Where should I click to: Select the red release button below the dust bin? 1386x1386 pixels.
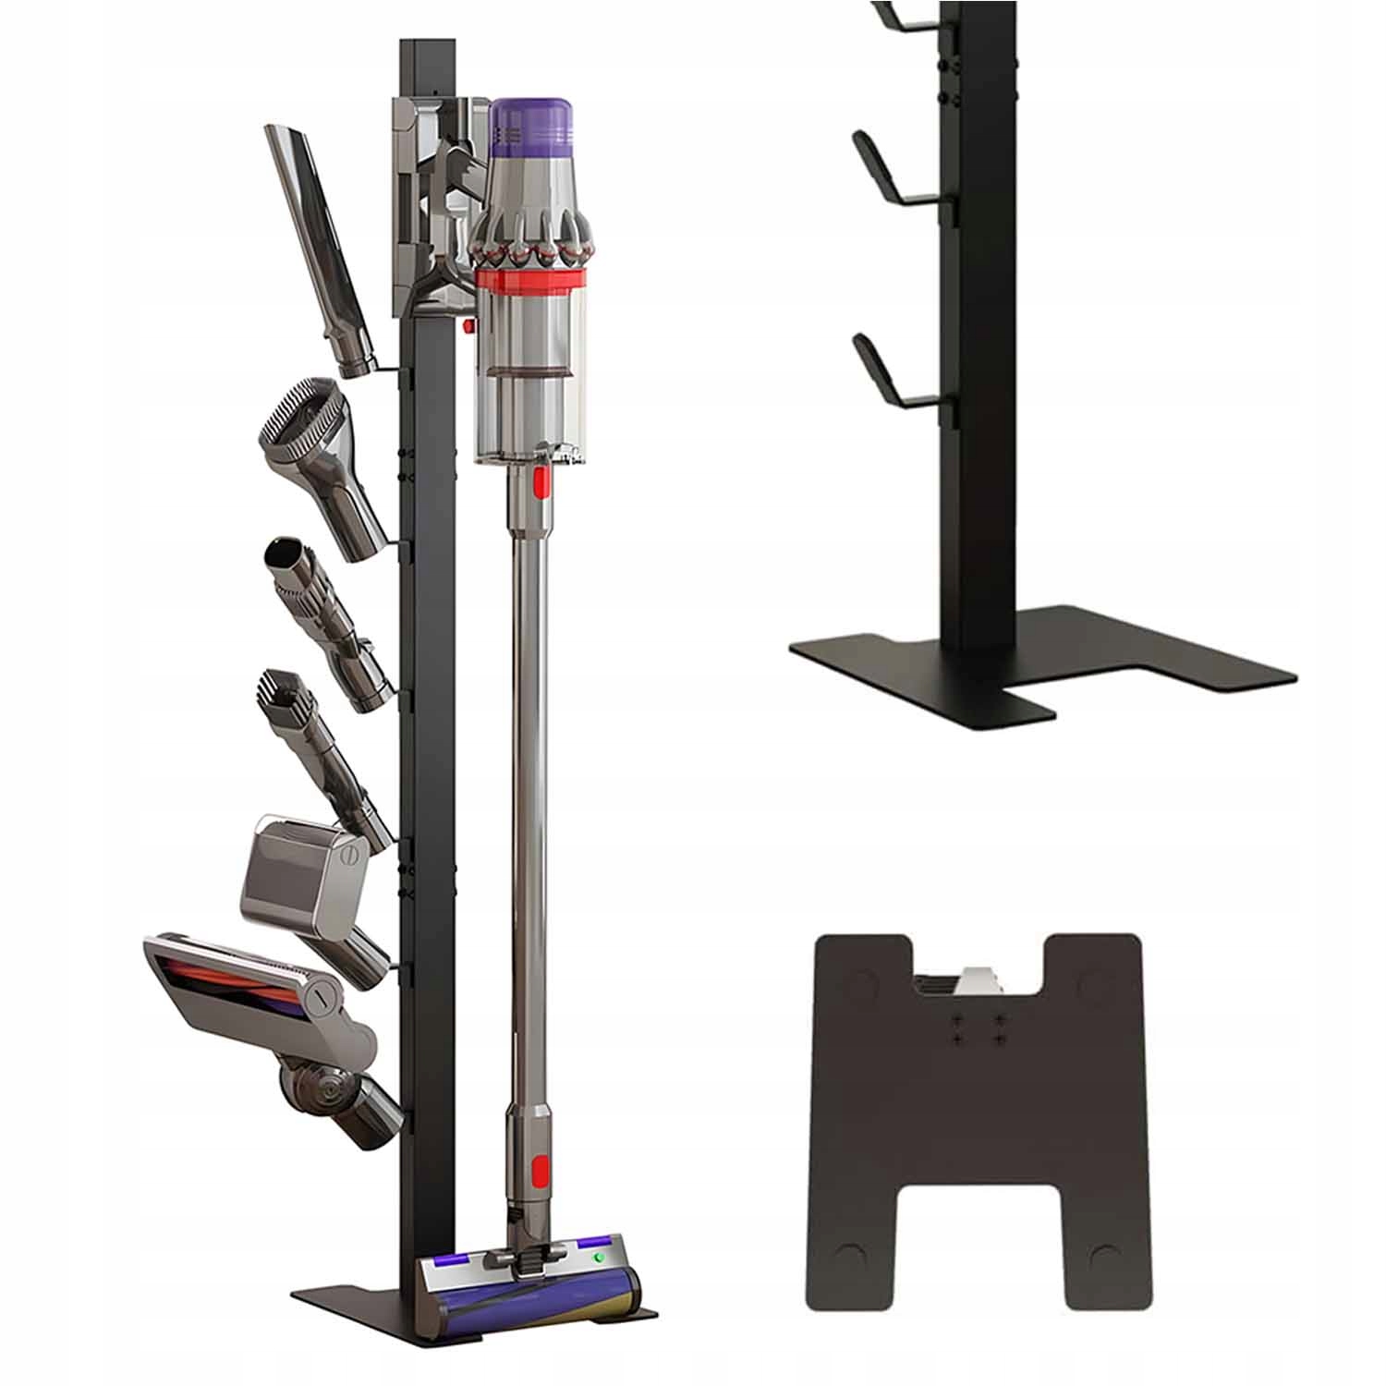[x=538, y=480]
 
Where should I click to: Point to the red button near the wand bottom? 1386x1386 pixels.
[x=540, y=1168]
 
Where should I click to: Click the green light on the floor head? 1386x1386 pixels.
[x=599, y=1258]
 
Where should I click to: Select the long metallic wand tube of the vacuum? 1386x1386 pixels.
[x=527, y=785]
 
